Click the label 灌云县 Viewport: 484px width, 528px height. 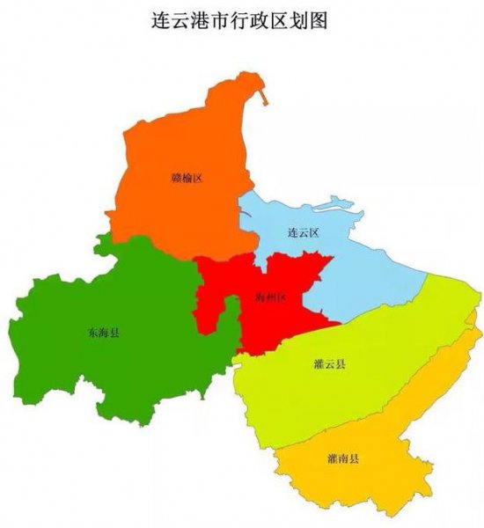(x=329, y=364)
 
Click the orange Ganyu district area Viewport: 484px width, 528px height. (x=176, y=211)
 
